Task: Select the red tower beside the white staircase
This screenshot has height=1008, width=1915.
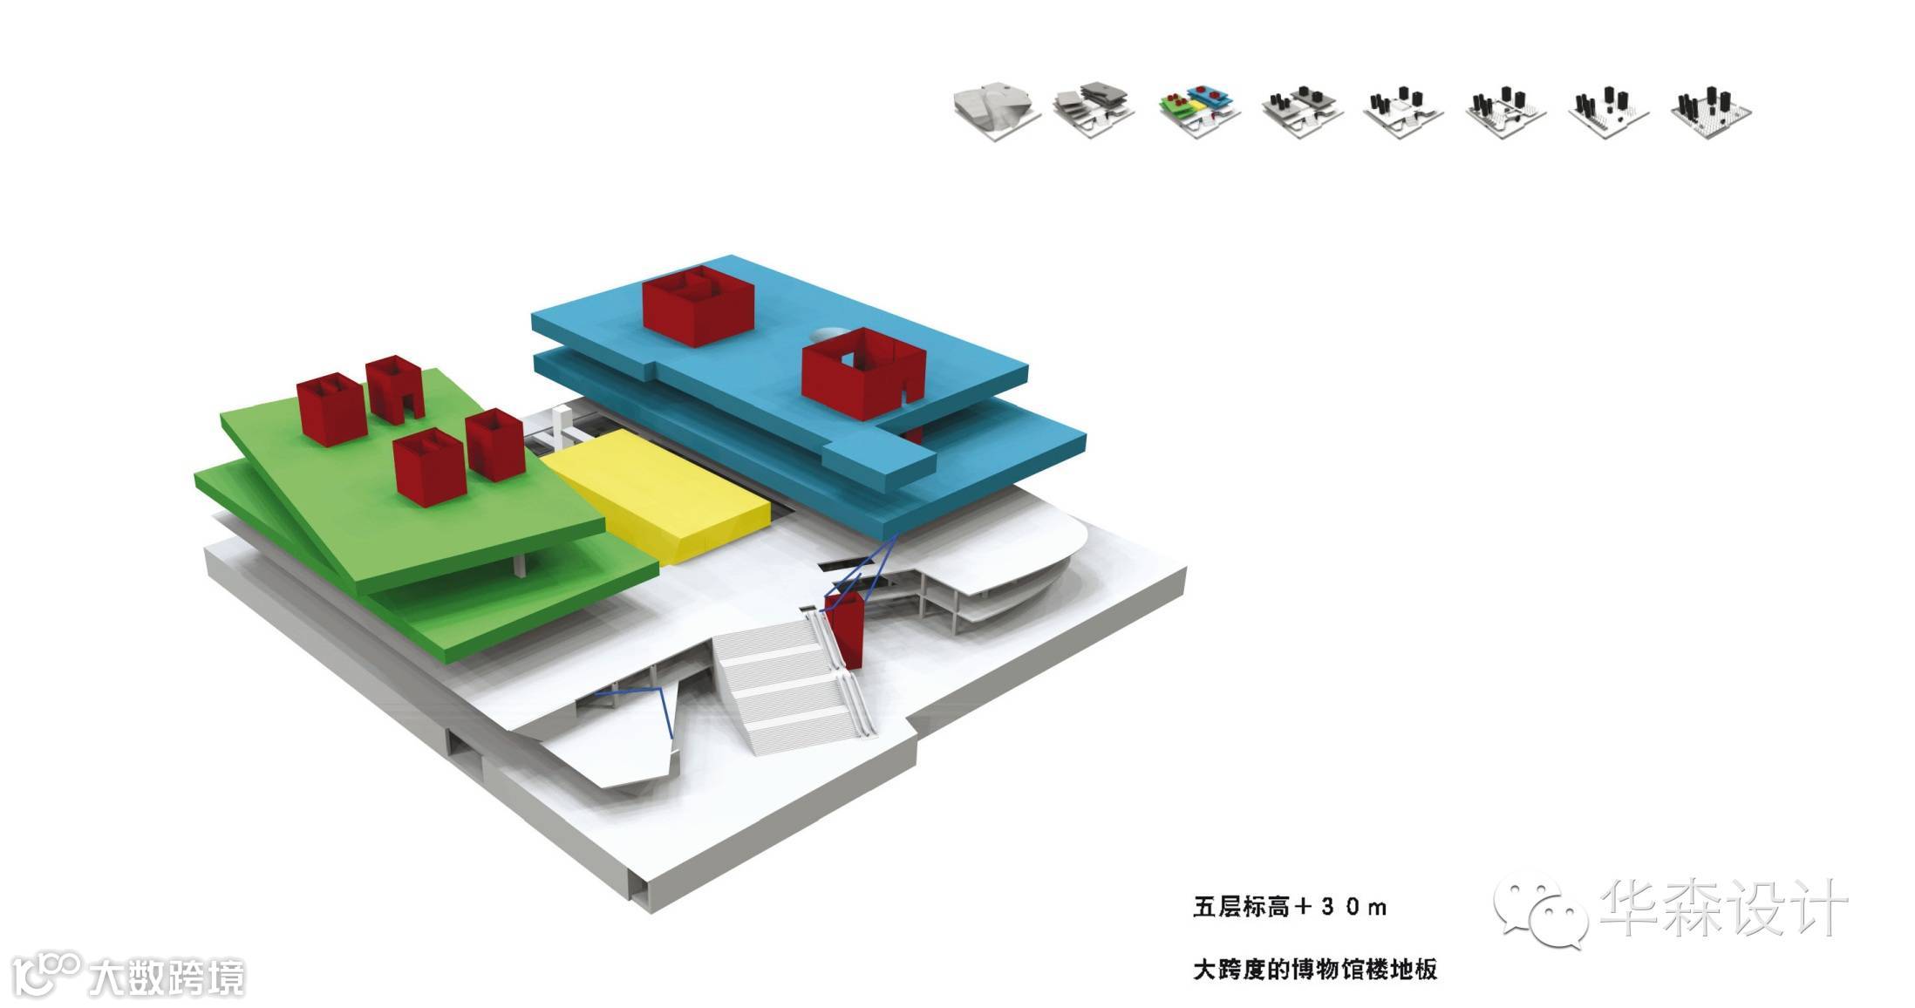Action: [844, 629]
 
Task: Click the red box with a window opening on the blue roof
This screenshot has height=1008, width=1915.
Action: [862, 373]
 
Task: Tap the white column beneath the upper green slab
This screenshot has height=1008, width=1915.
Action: [521, 563]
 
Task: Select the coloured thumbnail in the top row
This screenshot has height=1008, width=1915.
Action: [1200, 110]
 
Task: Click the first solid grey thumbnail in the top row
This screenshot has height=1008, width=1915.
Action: [996, 108]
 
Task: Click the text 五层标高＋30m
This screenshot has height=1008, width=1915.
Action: [1290, 907]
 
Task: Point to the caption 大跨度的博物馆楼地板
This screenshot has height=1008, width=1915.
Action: [1314, 969]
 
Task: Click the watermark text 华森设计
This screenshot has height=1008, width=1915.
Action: [1723, 909]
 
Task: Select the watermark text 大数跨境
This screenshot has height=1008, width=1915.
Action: [167, 977]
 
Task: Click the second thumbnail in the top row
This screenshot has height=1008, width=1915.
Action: [1095, 108]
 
